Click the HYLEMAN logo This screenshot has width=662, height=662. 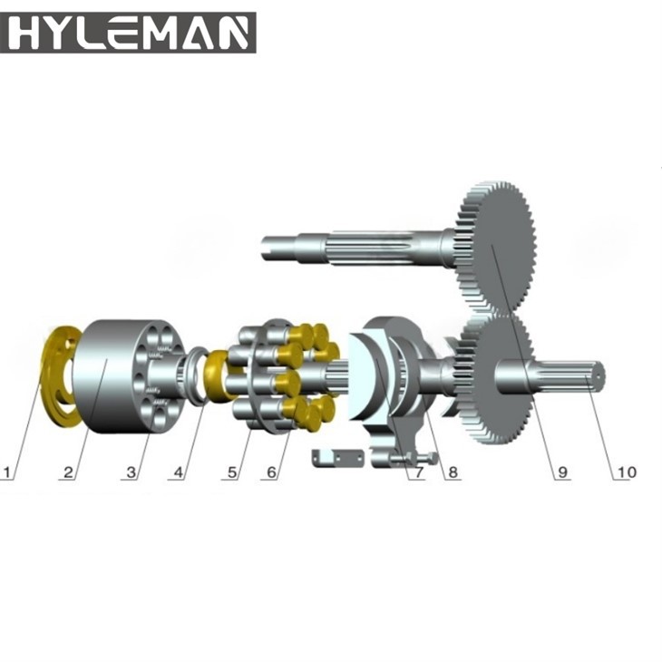coord(128,33)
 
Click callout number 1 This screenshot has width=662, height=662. coord(6,472)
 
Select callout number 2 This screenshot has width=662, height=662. coord(68,472)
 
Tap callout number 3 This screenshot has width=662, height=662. coord(131,472)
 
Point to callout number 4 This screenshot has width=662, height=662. coord(179,472)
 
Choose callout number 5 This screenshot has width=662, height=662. coord(232,472)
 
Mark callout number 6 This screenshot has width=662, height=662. coord(271,472)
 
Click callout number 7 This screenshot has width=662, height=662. coord(418,472)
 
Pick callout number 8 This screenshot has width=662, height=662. coord(453,472)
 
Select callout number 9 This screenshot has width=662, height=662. coord(563,472)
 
